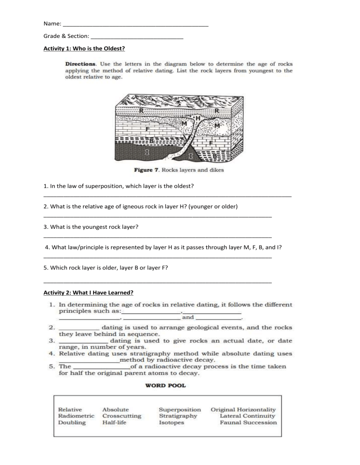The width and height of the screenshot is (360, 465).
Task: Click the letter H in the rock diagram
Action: click(198, 118)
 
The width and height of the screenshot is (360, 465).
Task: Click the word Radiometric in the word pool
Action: click(76, 415)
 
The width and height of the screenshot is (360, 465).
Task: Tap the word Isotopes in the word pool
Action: click(172, 422)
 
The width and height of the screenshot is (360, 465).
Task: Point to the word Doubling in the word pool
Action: click(72, 422)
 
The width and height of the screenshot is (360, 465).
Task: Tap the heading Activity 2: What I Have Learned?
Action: click(88, 293)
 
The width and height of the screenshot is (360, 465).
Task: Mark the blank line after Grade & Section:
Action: click(137, 36)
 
